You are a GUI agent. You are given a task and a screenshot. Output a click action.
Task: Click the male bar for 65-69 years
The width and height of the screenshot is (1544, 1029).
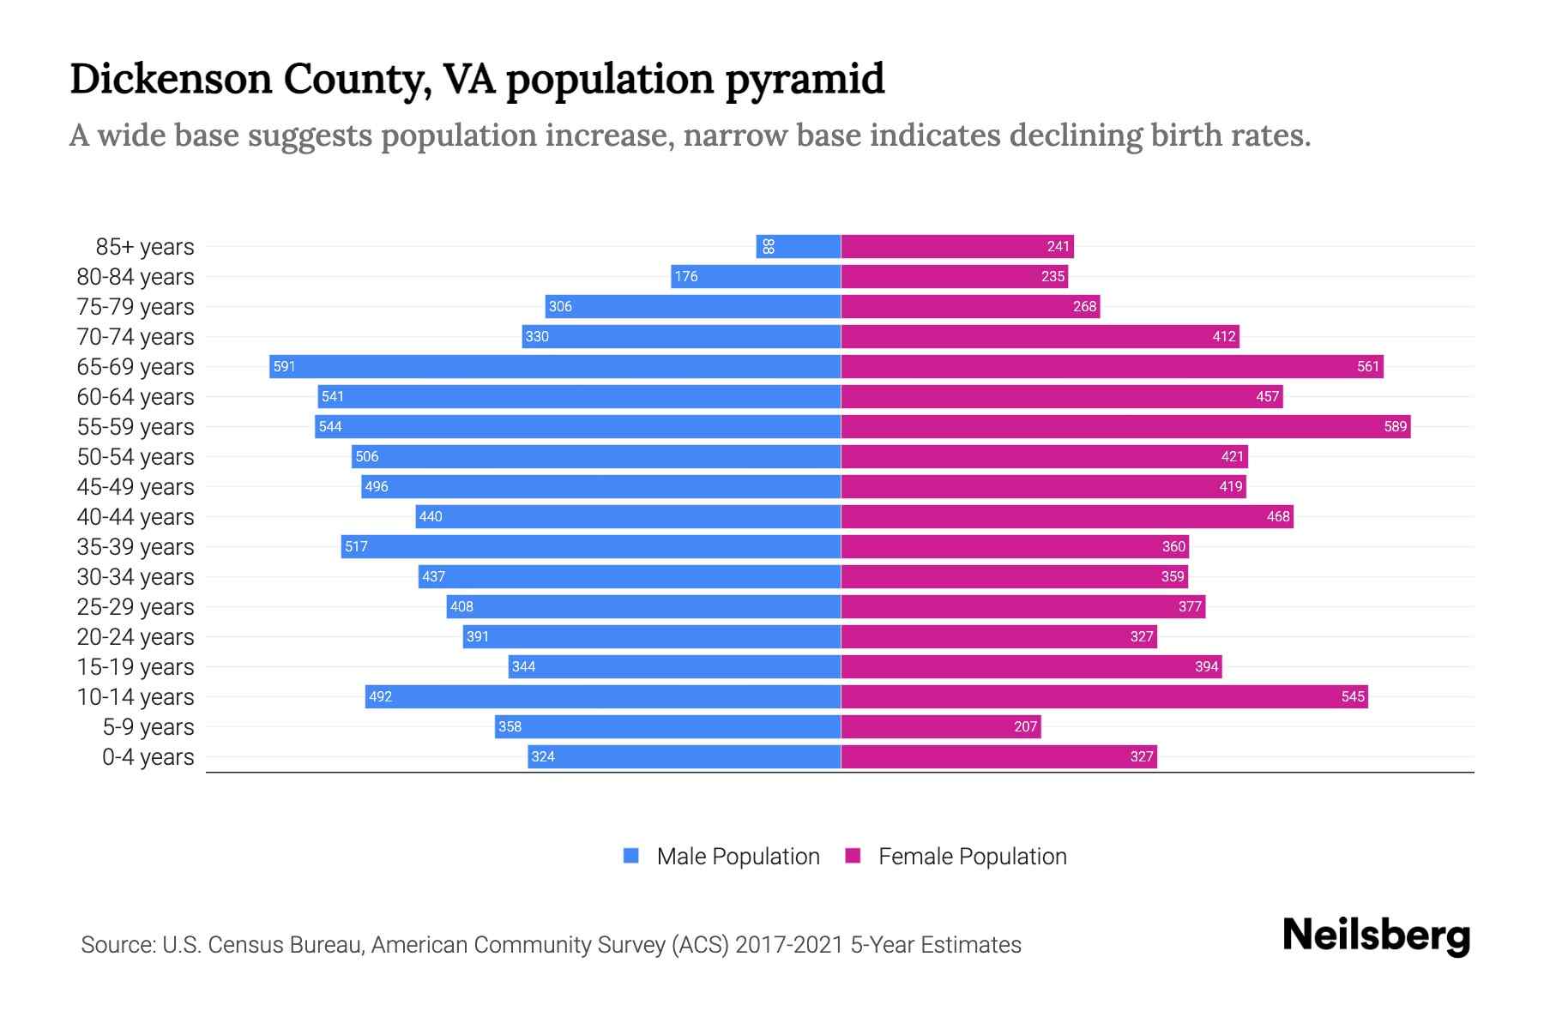click(x=554, y=367)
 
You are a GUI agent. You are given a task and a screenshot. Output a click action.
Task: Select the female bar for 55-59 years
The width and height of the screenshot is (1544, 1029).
click(x=1125, y=427)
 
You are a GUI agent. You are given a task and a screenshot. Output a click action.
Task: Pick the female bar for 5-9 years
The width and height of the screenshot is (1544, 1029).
click(x=940, y=727)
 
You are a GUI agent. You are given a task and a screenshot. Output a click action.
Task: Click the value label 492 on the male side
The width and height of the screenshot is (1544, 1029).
click(x=380, y=697)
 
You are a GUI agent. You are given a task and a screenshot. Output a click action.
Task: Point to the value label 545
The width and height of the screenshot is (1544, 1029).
click(x=1353, y=697)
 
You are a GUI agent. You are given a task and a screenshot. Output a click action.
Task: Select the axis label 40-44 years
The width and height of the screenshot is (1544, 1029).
click(x=136, y=517)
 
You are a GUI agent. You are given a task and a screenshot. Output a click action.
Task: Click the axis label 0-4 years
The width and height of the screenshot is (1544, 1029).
click(x=148, y=757)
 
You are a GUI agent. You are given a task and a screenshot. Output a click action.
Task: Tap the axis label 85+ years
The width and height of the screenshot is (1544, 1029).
click(x=145, y=247)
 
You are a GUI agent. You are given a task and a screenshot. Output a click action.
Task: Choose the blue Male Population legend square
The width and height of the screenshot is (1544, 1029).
click(x=631, y=856)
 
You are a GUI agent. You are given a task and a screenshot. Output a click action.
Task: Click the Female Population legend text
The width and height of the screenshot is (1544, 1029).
click(x=972, y=857)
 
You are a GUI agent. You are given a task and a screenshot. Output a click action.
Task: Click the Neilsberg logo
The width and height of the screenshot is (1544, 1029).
click(x=1376, y=936)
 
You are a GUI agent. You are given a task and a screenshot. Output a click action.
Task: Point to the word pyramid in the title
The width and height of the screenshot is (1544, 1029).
click(x=805, y=79)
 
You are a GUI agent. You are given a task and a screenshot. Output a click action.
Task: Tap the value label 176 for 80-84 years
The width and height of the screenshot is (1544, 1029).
click(x=685, y=277)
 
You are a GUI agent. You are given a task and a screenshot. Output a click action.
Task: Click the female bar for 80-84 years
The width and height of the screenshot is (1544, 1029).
click(x=954, y=277)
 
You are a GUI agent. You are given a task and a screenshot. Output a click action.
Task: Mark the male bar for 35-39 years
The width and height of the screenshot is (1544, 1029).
click(x=590, y=547)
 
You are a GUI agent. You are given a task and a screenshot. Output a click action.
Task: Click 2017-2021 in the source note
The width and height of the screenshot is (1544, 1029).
click(x=789, y=945)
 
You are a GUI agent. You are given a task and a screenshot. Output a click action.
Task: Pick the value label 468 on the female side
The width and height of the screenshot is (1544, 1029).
click(x=1277, y=517)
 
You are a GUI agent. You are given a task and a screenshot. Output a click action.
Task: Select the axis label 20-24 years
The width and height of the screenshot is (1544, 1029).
click(x=136, y=637)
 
